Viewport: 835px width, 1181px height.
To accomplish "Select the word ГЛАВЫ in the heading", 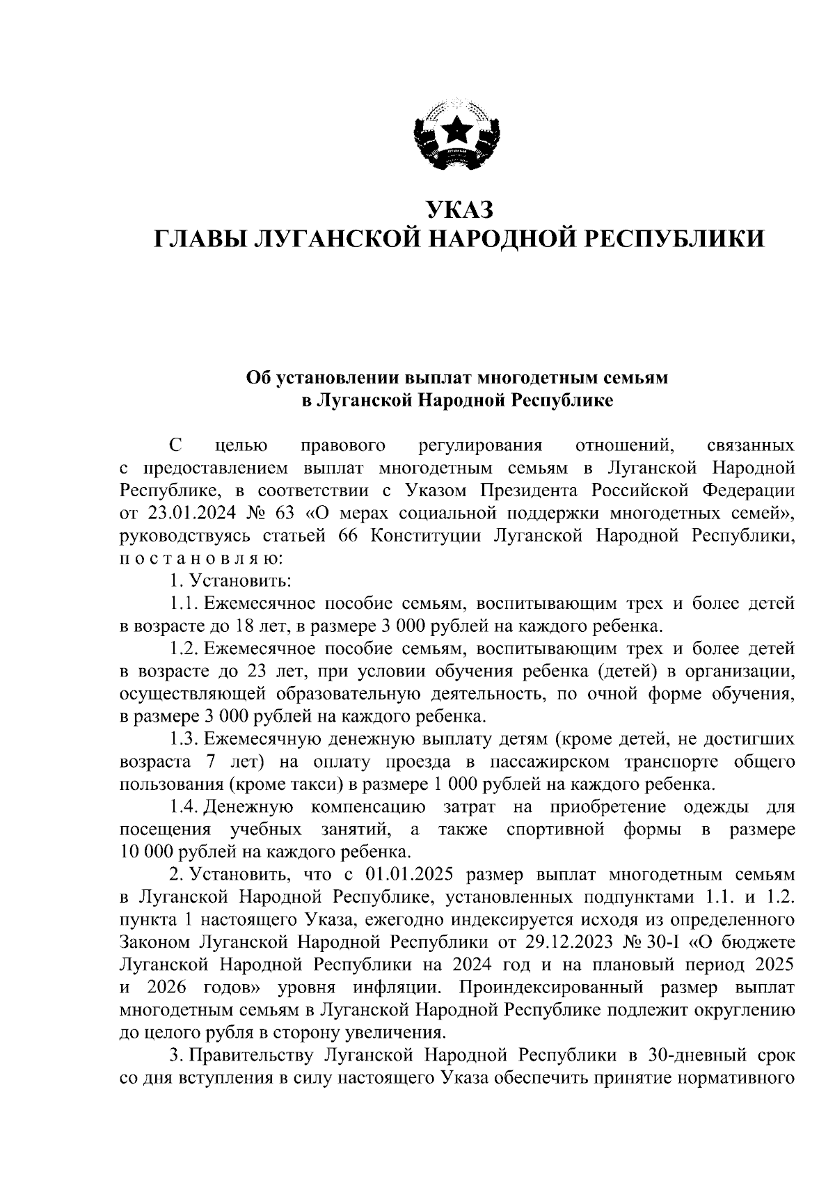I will (200, 240).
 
